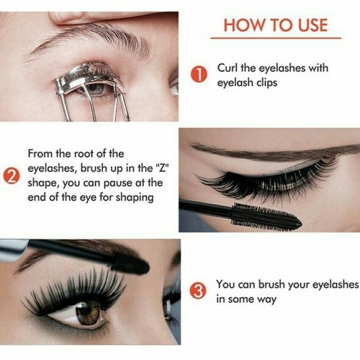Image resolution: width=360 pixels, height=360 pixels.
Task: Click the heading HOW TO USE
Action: click(275, 25)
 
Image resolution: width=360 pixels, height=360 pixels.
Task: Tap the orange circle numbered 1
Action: click(199, 75)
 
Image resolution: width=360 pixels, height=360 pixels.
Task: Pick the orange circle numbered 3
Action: click(199, 291)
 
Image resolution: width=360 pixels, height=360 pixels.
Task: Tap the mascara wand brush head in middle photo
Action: click(265, 216)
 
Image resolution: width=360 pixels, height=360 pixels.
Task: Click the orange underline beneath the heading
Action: click(275, 38)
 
